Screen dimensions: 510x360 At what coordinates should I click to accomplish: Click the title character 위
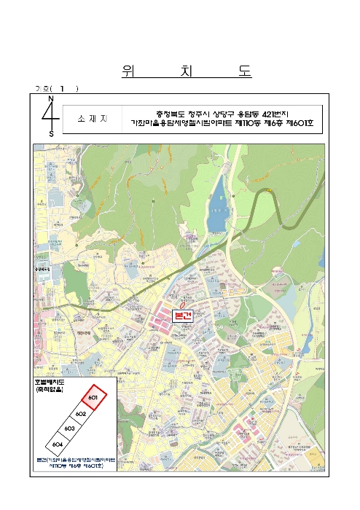128,71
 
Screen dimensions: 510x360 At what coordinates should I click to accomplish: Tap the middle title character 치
186,71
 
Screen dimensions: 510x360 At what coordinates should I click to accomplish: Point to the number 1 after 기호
63,89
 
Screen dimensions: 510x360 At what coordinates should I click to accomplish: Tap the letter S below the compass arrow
51,134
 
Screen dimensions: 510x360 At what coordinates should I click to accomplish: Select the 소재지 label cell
93,118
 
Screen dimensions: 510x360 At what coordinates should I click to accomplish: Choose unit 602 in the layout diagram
81,414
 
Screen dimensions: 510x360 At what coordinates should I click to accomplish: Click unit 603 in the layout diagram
69,428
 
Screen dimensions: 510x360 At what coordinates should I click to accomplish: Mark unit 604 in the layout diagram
57,444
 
